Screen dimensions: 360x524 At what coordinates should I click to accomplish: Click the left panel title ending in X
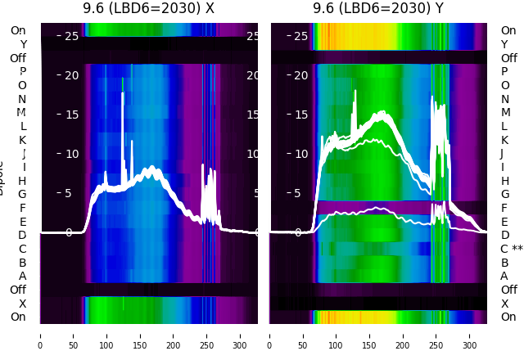(x=148, y=8)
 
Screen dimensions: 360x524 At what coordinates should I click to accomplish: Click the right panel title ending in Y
(x=378, y=8)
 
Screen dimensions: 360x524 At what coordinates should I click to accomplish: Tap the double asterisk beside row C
(x=517, y=249)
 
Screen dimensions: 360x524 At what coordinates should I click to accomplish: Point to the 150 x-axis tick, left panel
(x=140, y=335)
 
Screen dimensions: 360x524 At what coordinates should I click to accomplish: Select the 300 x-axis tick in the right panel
(x=470, y=335)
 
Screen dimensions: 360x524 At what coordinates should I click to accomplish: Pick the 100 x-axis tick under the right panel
(x=337, y=335)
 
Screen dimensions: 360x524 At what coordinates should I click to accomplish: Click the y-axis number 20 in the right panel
(x=300, y=75)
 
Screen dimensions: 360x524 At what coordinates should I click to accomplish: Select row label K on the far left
(x=22, y=140)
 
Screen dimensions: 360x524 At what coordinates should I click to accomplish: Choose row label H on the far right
(x=504, y=181)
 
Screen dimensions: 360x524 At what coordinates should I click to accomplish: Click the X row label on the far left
(x=22, y=304)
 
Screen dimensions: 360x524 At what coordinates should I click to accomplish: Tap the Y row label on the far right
(x=504, y=44)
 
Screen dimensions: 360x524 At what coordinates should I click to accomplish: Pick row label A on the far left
(x=22, y=276)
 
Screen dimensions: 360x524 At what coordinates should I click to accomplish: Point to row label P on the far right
(x=504, y=71)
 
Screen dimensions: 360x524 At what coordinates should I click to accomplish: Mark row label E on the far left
(x=22, y=222)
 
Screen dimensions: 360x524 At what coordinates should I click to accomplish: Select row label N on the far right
(x=504, y=99)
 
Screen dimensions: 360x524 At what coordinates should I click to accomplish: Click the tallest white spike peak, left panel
(x=123, y=93)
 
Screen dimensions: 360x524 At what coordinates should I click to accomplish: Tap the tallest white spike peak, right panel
(x=355, y=90)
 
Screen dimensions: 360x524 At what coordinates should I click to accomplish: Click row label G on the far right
(x=504, y=194)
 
